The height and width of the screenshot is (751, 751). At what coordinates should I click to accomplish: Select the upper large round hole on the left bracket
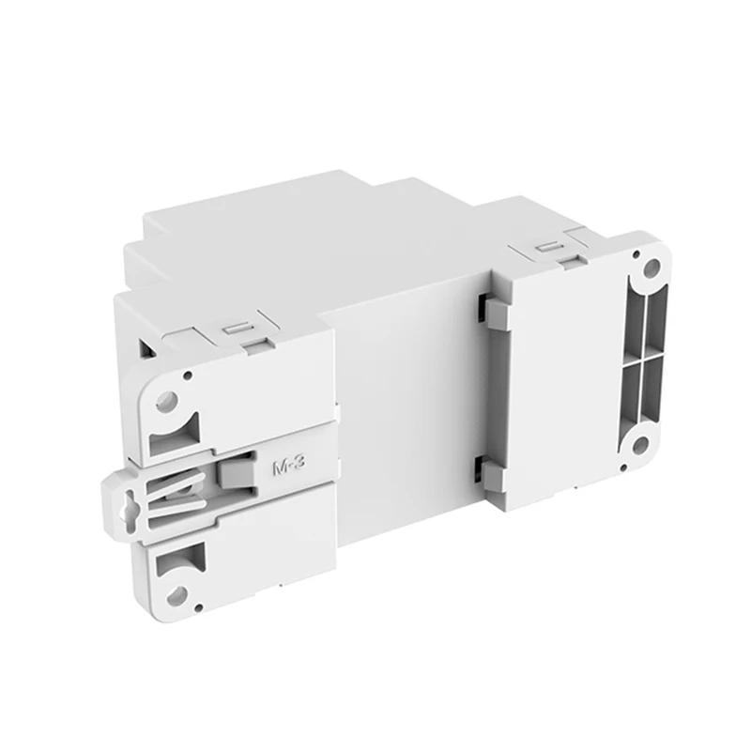tap(166, 402)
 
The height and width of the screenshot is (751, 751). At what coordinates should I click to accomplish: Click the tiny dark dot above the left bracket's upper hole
tap(187, 375)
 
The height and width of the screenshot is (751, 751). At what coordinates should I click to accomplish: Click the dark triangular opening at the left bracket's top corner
tap(147, 349)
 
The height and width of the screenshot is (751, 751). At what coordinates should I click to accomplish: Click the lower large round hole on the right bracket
tap(639, 444)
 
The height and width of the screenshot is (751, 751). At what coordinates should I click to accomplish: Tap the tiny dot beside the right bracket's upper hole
tap(637, 253)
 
